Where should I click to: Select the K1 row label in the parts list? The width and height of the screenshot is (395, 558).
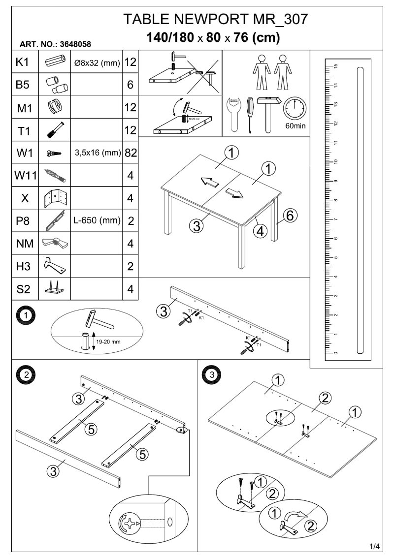(x=23, y=62)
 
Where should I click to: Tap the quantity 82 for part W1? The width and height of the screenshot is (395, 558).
(x=131, y=153)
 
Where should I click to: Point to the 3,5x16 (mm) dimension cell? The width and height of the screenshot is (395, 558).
(x=97, y=153)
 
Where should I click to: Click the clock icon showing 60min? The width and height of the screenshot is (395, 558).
(x=295, y=108)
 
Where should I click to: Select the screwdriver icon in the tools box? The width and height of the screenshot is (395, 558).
(x=250, y=113)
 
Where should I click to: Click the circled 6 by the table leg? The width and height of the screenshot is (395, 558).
(x=290, y=215)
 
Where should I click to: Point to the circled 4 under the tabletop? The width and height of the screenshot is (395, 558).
(x=261, y=229)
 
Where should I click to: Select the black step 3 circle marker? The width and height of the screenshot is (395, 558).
(x=211, y=374)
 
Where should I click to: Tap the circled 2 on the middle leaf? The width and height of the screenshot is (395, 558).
(x=324, y=398)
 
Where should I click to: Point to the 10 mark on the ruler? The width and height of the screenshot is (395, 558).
(x=335, y=162)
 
